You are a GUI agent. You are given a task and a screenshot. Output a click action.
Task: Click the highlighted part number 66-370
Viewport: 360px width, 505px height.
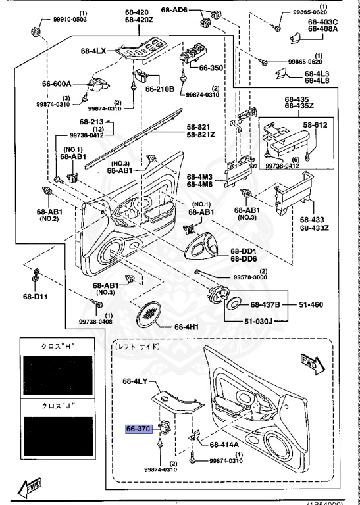[x=139, y=429]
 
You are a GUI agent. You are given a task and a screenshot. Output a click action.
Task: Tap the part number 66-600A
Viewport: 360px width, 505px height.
[x=57, y=84]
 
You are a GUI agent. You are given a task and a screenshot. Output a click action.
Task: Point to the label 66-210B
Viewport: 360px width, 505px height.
[x=160, y=88]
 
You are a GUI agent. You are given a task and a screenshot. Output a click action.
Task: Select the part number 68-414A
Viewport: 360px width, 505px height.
[x=224, y=445]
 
